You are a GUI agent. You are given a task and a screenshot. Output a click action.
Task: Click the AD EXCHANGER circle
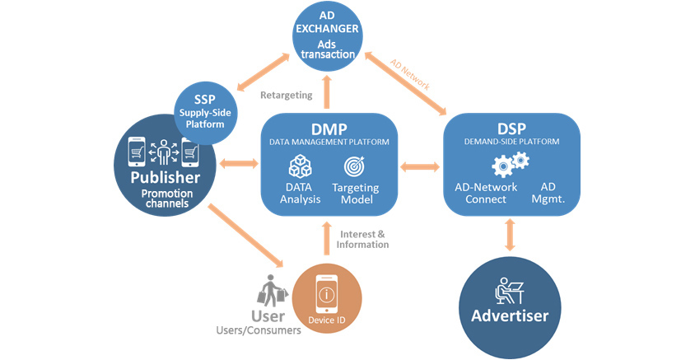(x=329, y=35)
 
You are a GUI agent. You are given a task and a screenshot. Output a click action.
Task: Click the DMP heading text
(x=329, y=129)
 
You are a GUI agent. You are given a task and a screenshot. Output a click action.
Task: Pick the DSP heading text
(x=512, y=128)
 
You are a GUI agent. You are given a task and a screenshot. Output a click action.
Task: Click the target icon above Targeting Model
(x=355, y=168)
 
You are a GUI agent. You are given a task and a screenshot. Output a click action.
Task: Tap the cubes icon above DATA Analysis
(x=299, y=168)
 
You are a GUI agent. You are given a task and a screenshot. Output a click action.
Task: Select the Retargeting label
(x=286, y=95)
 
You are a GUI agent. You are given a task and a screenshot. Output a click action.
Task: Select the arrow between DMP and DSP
(x=420, y=167)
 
